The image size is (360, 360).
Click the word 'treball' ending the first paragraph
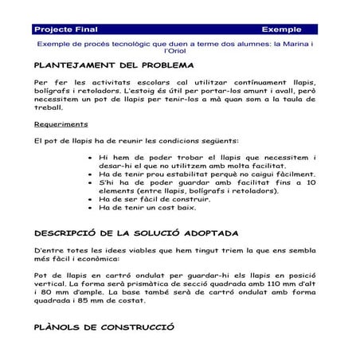(49, 106)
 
